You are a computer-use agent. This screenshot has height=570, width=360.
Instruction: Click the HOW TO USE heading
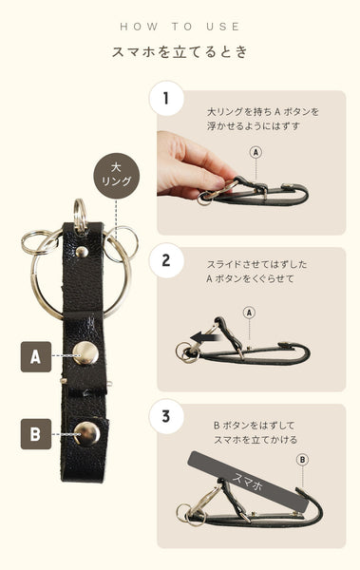tap(180, 27)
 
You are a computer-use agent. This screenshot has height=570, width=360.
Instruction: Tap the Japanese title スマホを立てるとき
tap(180, 51)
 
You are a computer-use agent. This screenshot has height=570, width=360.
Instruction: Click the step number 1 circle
tap(166, 99)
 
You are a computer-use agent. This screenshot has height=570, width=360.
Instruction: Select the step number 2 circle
tap(166, 260)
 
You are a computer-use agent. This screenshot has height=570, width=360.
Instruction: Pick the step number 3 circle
tap(166, 416)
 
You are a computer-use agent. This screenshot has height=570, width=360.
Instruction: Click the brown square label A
tap(36, 356)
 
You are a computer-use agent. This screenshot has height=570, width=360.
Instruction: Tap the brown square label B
tap(36, 434)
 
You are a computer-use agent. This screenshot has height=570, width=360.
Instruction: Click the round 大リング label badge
tap(117, 176)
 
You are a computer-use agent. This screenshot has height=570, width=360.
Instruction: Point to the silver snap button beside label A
tap(85, 353)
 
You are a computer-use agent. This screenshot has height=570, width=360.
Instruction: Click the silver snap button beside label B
tap(86, 434)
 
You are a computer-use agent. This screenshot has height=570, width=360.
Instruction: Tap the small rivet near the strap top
tap(82, 252)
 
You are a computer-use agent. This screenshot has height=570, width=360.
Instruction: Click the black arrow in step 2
tap(205, 337)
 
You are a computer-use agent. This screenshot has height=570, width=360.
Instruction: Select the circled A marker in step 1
tap(256, 152)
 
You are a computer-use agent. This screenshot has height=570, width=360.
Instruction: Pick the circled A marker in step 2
tap(249, 313)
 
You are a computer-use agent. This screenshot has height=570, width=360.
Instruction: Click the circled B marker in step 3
tap(302, 460)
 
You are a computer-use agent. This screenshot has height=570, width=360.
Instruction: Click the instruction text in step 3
tap(256, 432)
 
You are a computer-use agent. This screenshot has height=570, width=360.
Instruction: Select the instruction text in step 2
tap(256, 272)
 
